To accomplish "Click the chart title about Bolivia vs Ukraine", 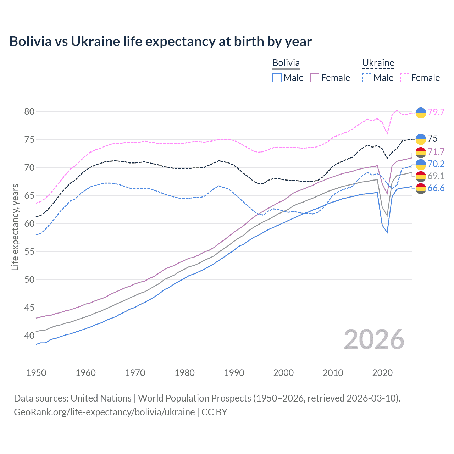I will point(160,41).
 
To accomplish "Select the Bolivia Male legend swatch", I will point(277,78).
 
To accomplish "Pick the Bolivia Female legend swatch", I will point(315,78).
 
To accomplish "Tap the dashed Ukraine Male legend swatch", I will point(367,78).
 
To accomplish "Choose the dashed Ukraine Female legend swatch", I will point(405,78).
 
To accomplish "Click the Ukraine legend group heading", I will point(378,63).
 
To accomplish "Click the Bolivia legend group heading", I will point(286,63).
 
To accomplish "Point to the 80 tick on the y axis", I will point(29,111).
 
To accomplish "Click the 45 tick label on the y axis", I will point(29,308).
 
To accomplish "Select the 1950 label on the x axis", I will point(36,373).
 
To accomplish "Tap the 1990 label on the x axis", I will point(234,373).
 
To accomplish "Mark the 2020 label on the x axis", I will point(382,373).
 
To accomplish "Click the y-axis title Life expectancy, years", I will point(15,227).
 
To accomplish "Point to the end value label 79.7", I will point(436,112).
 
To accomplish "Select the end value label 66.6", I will point(436,188).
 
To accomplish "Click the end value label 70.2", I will point(436,164).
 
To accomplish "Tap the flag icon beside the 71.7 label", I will point(421,152).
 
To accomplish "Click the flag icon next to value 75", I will point(421,139).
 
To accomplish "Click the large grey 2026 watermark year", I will point(374,339).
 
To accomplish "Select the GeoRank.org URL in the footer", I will point(104,412).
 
